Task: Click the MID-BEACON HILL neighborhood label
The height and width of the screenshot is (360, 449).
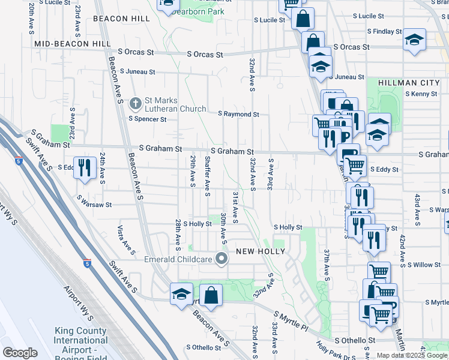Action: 73,44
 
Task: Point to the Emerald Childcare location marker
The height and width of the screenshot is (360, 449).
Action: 221,259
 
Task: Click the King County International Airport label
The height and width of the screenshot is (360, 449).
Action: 80,340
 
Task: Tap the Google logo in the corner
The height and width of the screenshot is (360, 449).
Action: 19,353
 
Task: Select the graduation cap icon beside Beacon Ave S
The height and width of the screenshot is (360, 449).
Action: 181,294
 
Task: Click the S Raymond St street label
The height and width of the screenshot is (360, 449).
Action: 238,114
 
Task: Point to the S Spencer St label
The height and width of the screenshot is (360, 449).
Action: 147,119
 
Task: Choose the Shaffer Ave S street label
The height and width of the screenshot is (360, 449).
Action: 207,176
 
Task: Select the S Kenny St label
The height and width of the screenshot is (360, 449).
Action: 421,94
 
